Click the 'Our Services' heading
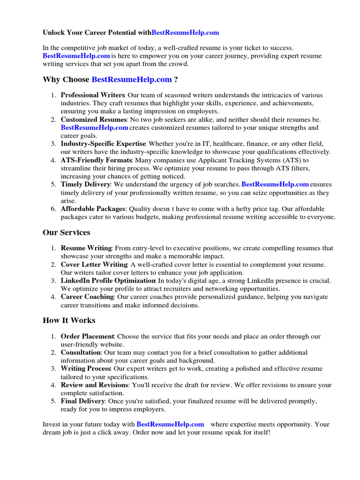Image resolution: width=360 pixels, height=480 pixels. click(x=66, y=232)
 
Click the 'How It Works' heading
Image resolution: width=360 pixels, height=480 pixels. click(x=68, y=320)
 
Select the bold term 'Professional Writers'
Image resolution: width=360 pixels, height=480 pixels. click(x=92, y=95)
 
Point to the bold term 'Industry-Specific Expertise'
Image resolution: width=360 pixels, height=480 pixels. click(x=103, y=144)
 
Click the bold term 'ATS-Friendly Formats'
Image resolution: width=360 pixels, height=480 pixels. click(x=96, y=160)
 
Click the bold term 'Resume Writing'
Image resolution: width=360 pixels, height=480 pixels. click(x=86, y=248)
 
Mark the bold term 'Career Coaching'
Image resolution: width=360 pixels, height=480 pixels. click(x=87, y=297)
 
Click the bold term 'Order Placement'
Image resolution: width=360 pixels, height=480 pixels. click(x=87, y=337)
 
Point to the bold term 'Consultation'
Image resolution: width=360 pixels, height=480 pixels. click(x=81, y=352)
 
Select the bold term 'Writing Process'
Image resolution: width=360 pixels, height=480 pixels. click(x=86, y=369)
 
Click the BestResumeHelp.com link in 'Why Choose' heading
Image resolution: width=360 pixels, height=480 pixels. click(x=132, y=79)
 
